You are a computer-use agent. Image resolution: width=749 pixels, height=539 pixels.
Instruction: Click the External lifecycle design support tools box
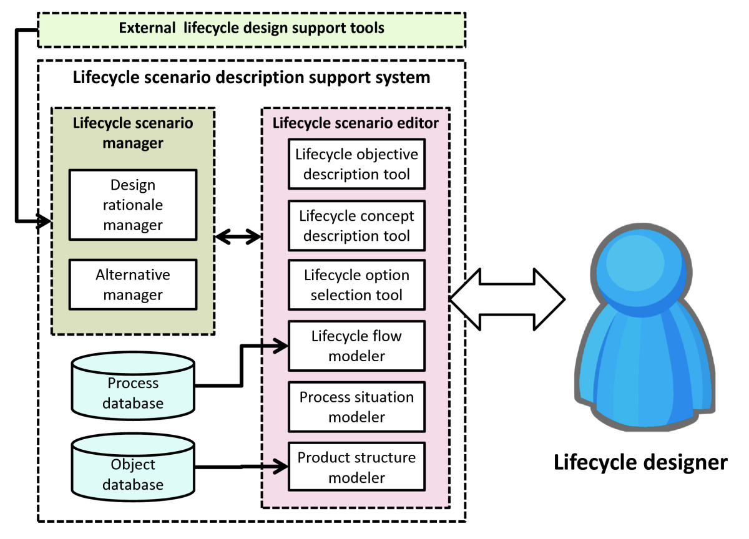coord(252,29)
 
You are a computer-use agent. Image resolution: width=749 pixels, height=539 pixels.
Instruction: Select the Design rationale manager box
coord(132,205)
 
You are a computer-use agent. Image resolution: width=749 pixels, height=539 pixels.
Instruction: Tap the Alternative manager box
coord(132,284)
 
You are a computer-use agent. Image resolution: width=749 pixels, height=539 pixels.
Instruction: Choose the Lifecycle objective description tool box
coord(356,163)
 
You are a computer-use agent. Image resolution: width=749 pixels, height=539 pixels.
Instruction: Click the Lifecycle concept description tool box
coord(356,225)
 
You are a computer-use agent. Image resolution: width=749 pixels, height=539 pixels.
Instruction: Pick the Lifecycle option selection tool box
coord(356,285)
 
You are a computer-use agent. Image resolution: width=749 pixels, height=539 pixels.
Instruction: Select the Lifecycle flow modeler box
coord(356,346)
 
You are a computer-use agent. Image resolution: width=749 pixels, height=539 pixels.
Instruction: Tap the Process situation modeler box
coord(356,407)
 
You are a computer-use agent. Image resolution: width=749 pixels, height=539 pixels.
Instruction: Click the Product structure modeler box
coord(356,467)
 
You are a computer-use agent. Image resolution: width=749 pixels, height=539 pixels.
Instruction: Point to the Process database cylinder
coord(133,387)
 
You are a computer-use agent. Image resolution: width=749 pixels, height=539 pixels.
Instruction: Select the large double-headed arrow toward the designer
coord(507,299)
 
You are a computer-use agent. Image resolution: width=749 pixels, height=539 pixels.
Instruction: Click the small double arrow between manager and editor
coord(238,236)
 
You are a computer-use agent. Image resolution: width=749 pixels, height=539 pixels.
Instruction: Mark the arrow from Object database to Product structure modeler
coord(240,466)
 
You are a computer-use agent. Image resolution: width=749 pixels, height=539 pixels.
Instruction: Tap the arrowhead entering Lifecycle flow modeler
coord(281,344)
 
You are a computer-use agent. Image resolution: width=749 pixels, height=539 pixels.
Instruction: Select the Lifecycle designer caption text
coord(640,462)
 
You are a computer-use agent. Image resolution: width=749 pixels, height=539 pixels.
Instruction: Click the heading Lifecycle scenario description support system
coord(252,78)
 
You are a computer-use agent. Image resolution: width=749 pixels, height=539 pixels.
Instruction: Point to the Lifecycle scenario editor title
coord(356,123)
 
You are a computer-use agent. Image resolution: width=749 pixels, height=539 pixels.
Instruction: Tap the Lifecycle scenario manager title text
coord(133,132)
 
